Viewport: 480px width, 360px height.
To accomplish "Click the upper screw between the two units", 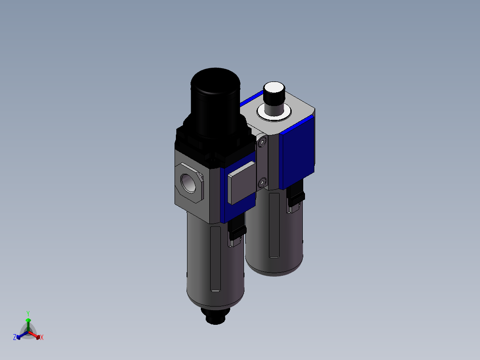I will [x=262, y=143].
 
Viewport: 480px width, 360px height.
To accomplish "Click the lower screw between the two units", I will [x=262, y=182].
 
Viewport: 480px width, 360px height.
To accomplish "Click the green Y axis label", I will [x=28, y=313].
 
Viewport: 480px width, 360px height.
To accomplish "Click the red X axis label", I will [x=42, y=338].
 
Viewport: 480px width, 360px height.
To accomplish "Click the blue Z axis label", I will [x=15, y=337].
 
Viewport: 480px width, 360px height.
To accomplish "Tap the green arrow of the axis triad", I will [x=28, y=323].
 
